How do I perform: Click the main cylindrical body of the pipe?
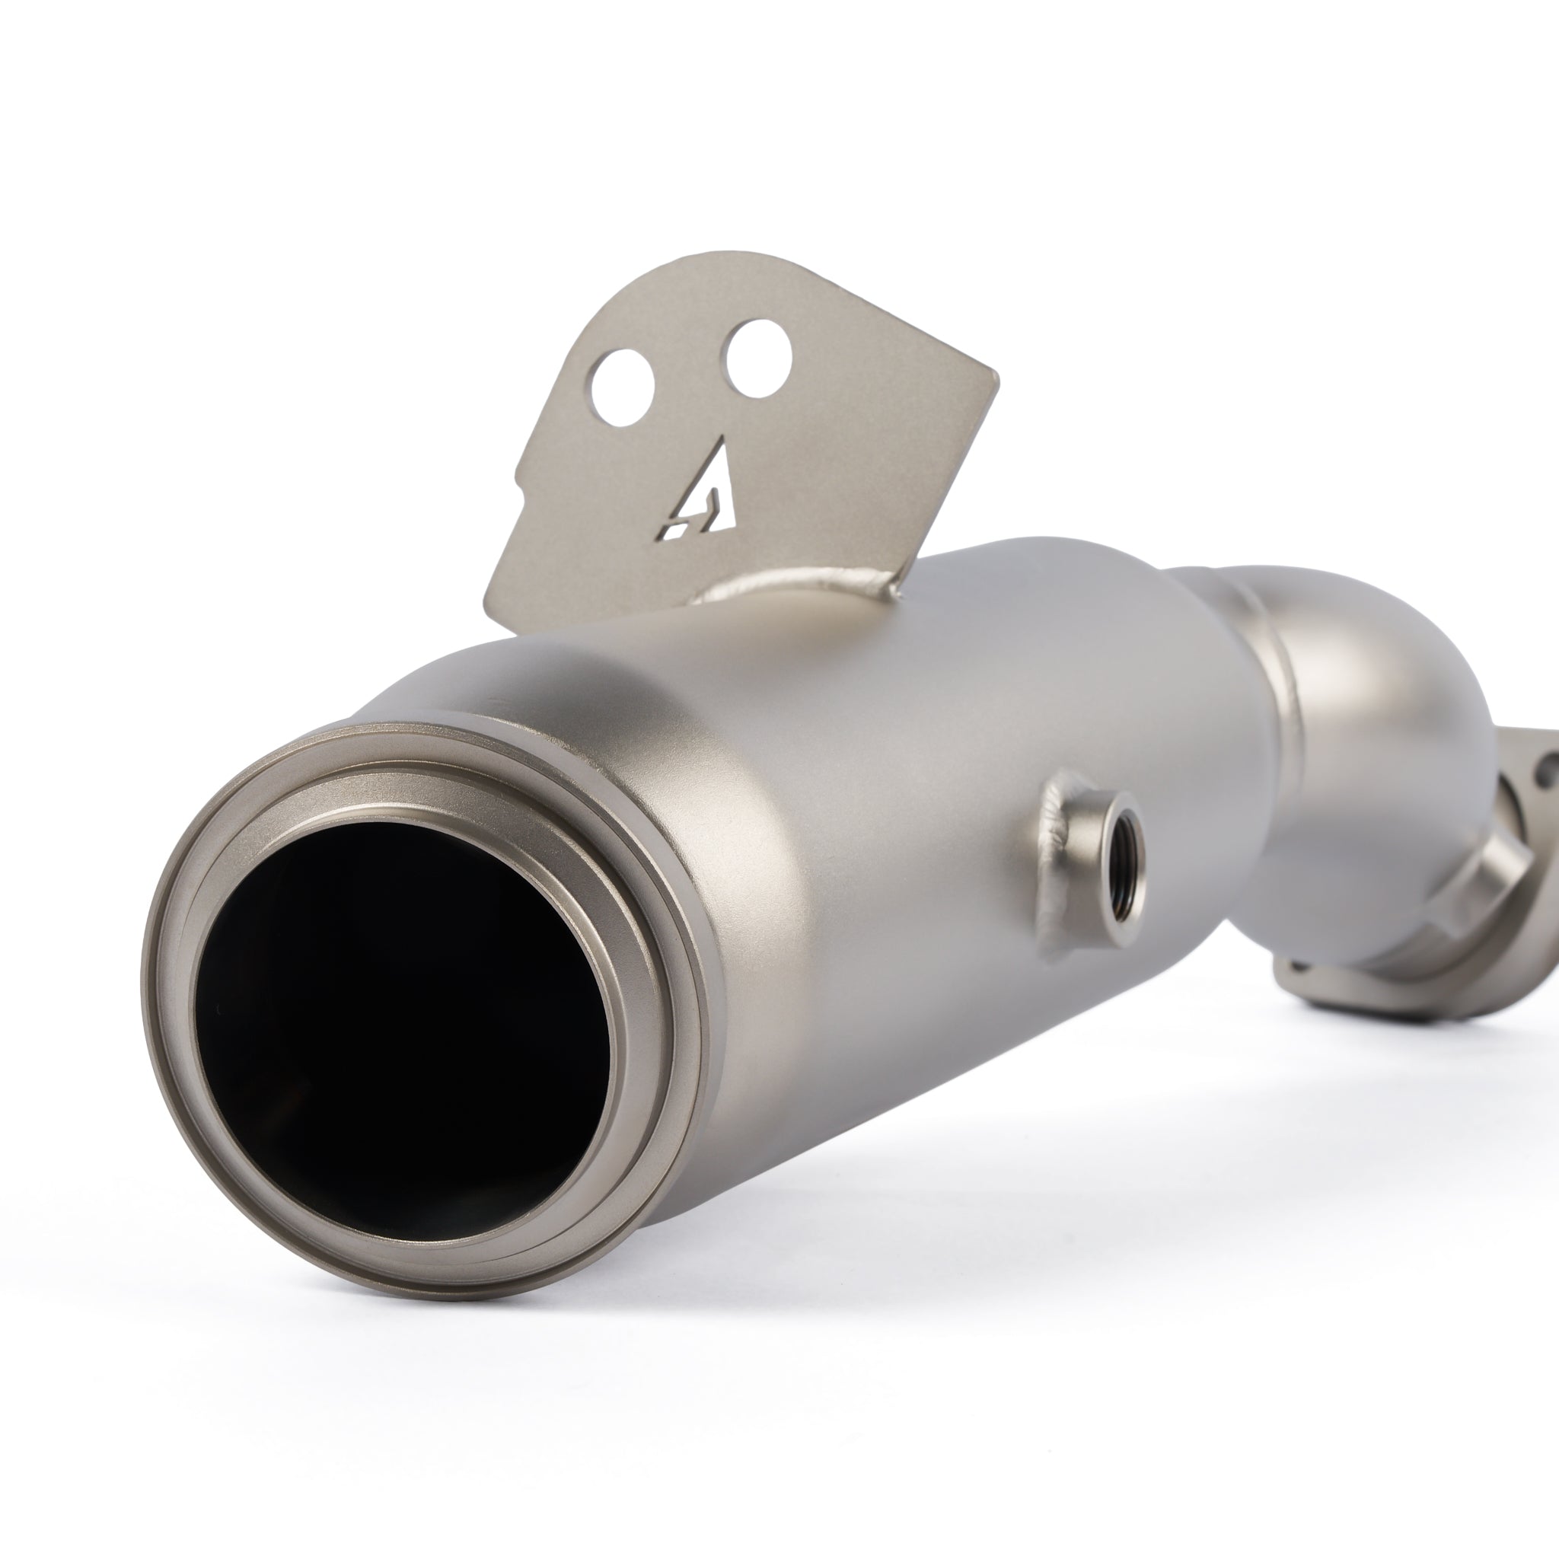(x=847, y=807)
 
